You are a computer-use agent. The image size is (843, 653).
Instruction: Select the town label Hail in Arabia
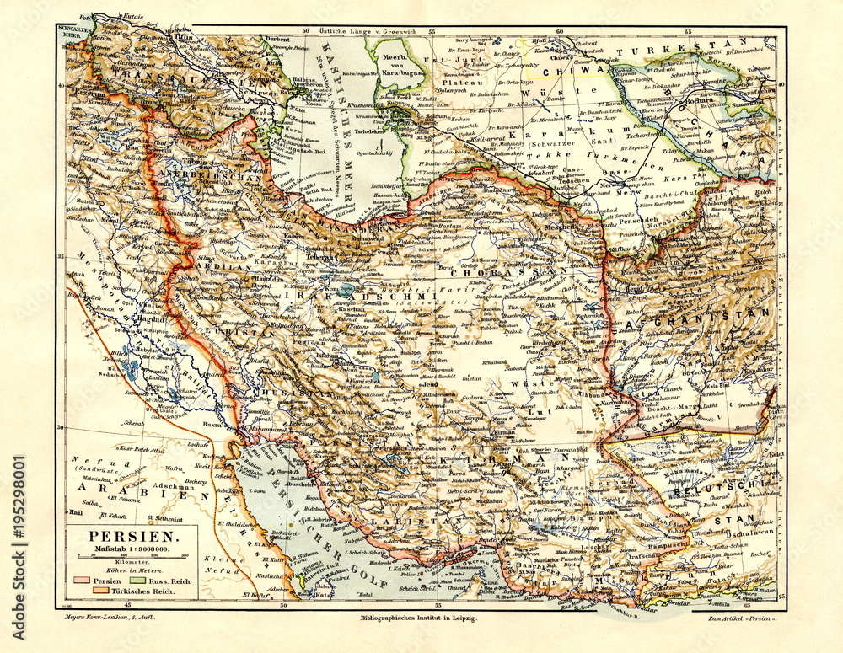click(77, 511)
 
